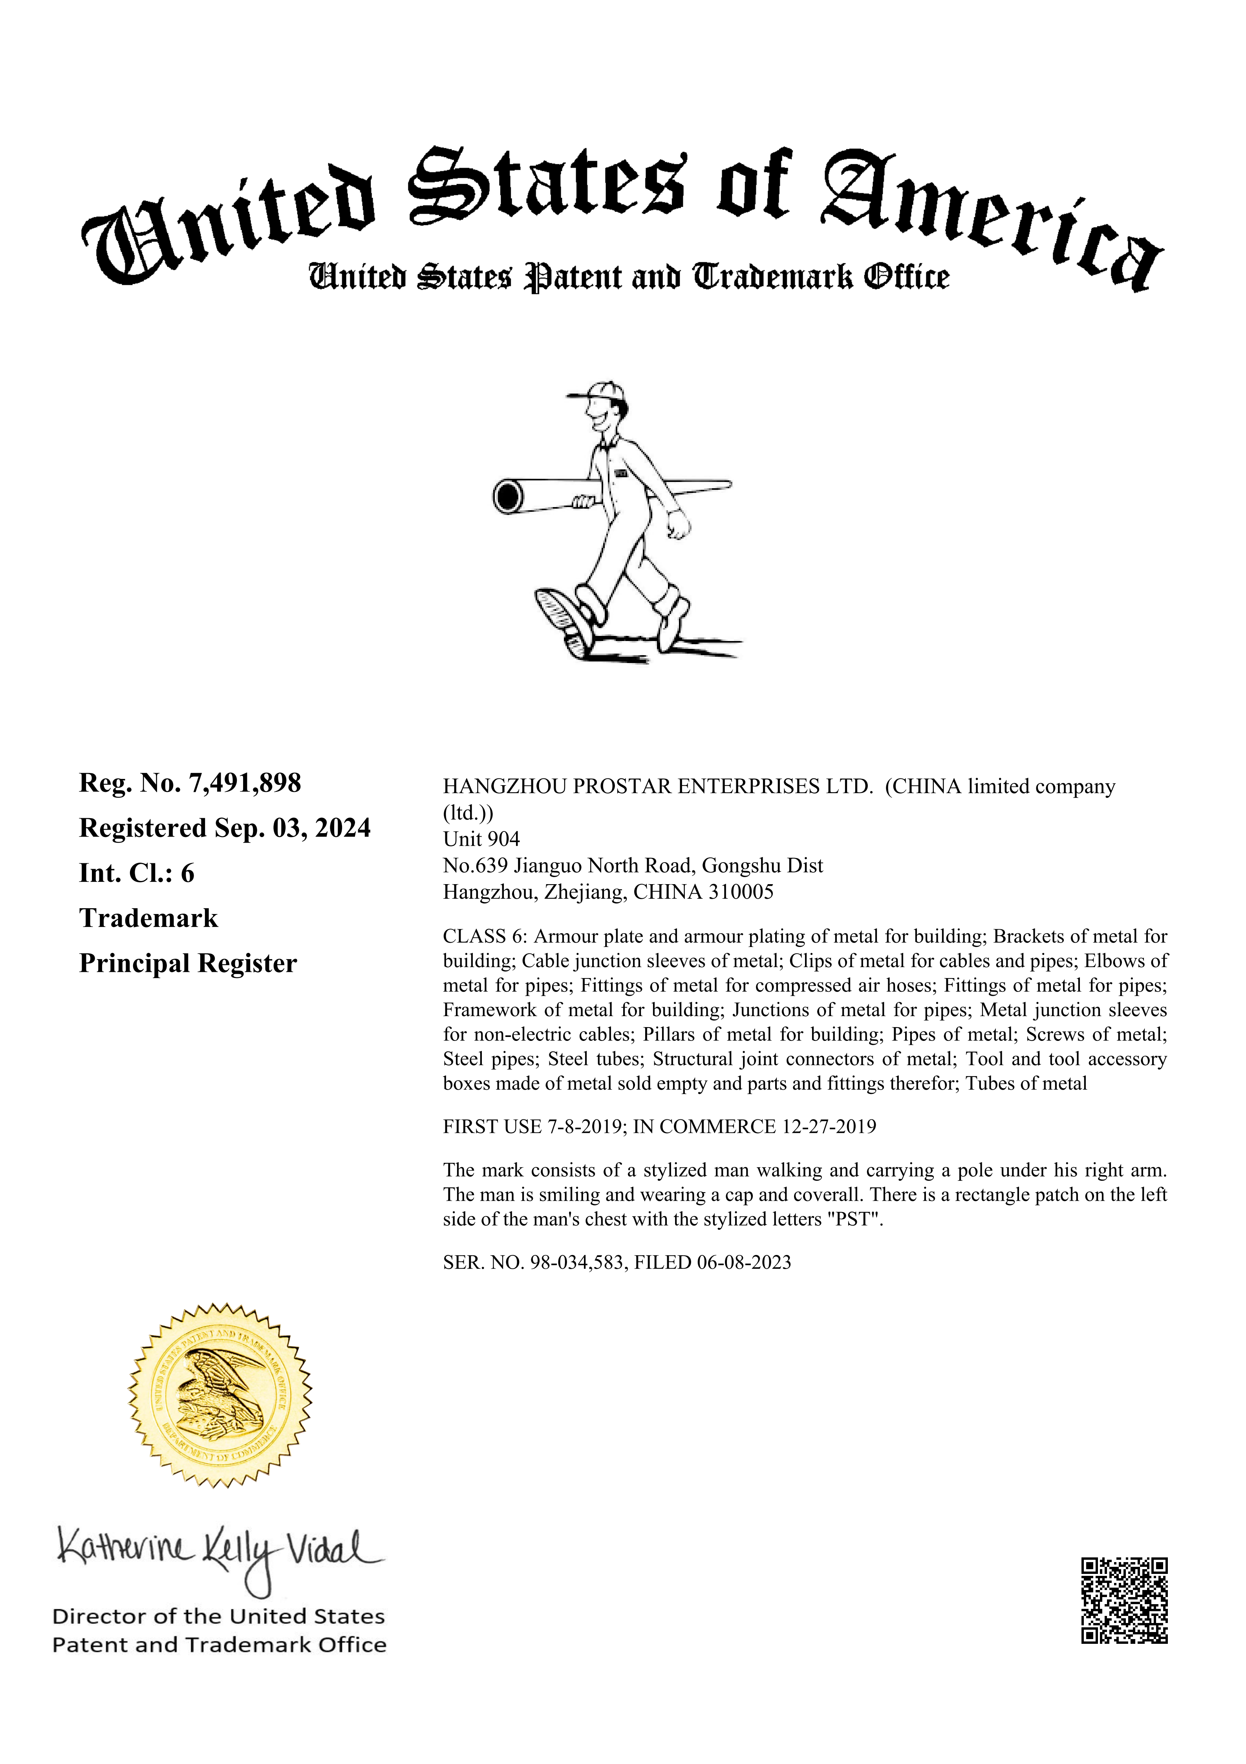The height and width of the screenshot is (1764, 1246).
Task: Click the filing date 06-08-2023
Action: click(744, 1262)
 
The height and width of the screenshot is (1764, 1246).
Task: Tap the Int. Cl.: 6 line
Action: click(137, 874)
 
